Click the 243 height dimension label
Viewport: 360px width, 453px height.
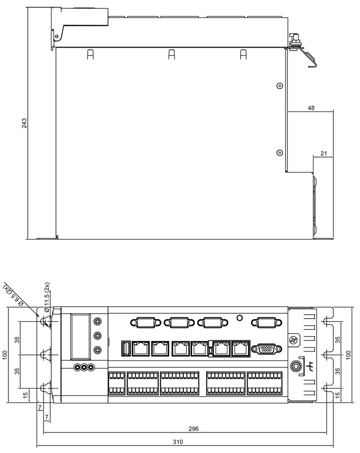click(x=24, y=123)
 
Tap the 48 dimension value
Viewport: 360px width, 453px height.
click(x=311, y=108)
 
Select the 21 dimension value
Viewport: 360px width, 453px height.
click(x=324, y=154)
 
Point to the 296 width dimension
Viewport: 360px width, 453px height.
click(x=193, y=429)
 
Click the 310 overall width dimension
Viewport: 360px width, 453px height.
click(x=178, y=442)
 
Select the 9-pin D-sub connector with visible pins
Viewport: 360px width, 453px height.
click(x=266, y=349)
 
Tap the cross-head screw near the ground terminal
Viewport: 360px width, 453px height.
click(x=294, y=340)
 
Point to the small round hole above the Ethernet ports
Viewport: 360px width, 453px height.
click(x=239, y=318)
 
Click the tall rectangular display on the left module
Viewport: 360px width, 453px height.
click(x=81, y=337)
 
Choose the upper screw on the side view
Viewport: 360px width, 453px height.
click(x=279, y=86)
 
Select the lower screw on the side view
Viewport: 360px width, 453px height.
click(x=279, y=153)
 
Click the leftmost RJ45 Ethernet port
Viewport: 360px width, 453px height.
click(x=141, y=348)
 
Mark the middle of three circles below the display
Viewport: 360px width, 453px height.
click(x=84, y=367)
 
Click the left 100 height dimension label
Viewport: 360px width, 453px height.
click(x=5, y=355)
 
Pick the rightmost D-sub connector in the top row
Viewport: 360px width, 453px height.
click(x=266, y=322)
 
